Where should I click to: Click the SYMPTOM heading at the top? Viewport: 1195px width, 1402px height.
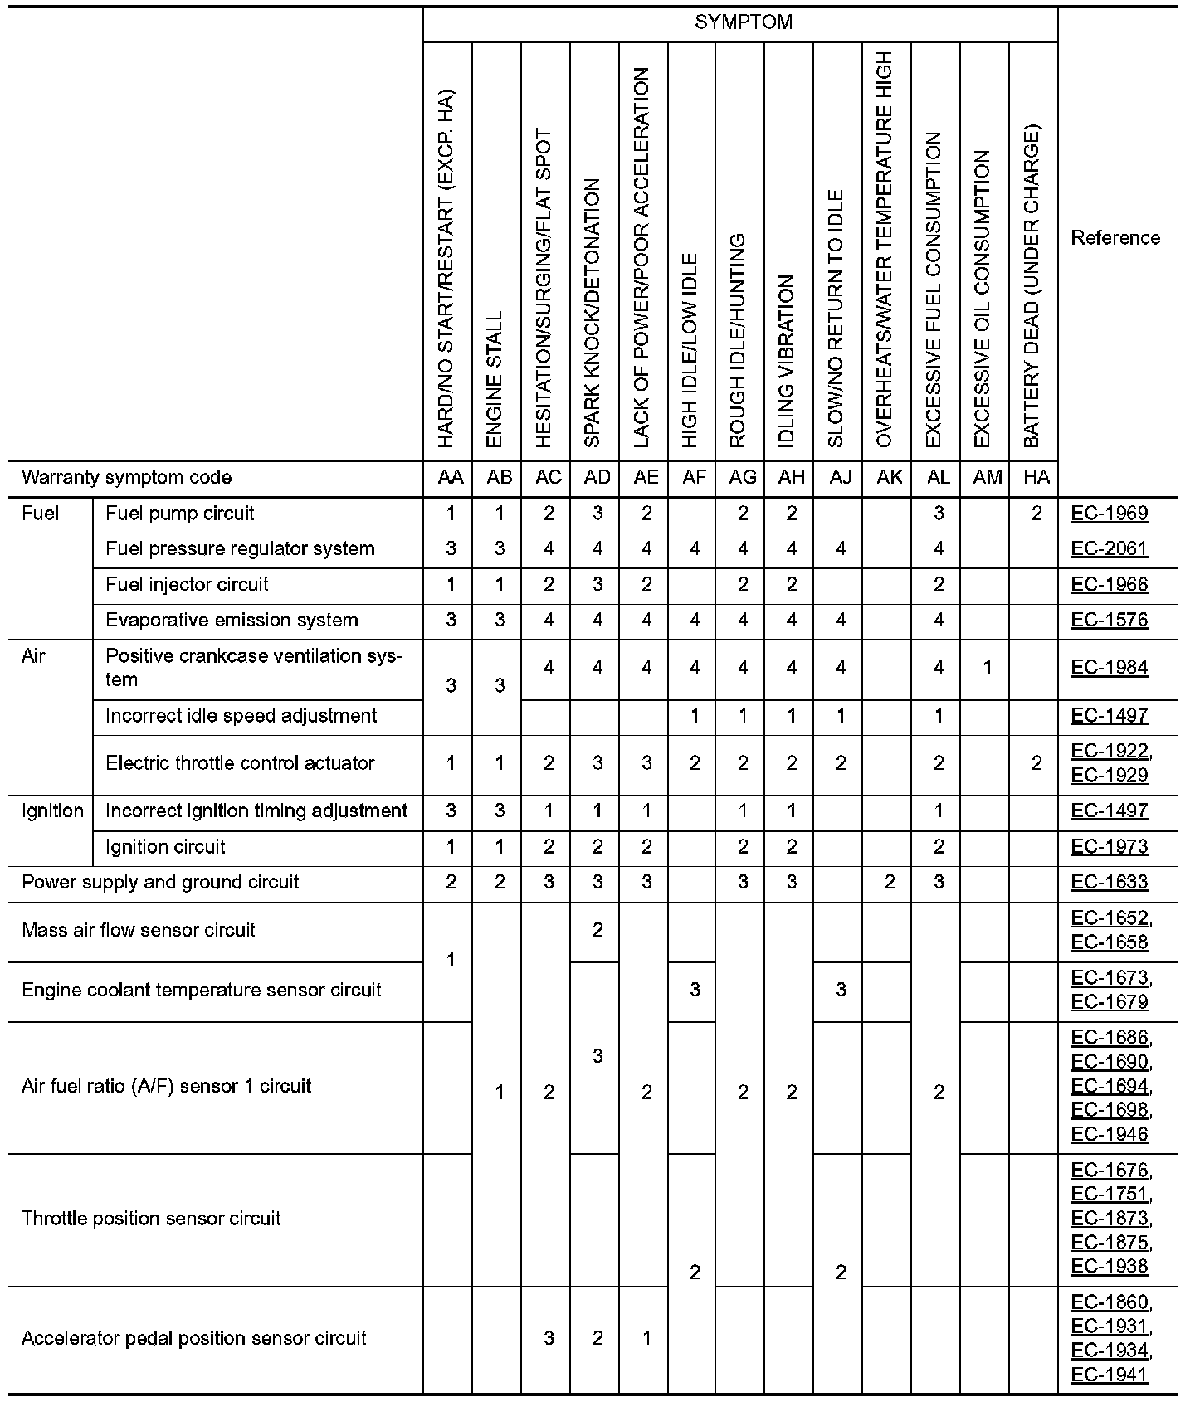pyautogui.click(x=743, y=22)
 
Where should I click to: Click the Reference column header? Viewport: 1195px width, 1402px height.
pyautogui.click(x=1115, y=238)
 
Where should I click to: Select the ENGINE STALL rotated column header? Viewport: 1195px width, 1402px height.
pyautogui.click(x=495, y=379)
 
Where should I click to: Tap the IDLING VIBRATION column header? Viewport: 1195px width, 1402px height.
pyautogui.click(x=788, y=361)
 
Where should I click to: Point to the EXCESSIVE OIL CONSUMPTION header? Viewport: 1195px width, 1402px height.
pyautogui.click(x=983, y=299)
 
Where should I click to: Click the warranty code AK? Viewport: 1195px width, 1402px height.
pyautogui.click(x=889, y=478)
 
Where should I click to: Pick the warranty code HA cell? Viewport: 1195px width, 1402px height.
pyautogui.click(x=1036, y=478)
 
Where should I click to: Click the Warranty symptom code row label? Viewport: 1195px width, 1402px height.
pyautogui.click(x=127, y=478)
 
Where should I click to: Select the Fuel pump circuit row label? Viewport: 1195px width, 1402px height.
pyautogui.click(x=180, y=514)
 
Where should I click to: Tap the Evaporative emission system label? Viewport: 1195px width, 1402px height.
pyautogui.click(x=232, y=621)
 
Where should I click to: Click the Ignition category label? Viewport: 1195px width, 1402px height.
pyautogui.click(x=52, y=811)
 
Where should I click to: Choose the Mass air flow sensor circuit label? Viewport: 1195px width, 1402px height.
pyautogui.click(x=139, y=931)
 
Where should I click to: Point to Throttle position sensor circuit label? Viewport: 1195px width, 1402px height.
pyautogui.click(x=151, y=1219)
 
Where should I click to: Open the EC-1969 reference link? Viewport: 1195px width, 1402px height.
pyautogui.click(x=1110, y=514)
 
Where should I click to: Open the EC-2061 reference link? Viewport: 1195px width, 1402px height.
pyautogui.click(x=1110, y=549)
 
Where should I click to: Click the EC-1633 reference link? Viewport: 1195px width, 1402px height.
pyautogui.click(x=1110, y=883)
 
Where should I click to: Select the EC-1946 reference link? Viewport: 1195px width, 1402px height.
pyautogui.click(x=1110, y=1135)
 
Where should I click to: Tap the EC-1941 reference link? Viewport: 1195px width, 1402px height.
pyautogui.click(x=1110, y=1375)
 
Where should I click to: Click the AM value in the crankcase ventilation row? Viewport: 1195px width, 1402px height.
pyautogui.click(x=987, y=668)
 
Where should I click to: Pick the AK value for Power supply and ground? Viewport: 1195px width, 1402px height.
pyautogui.click(x=889, y=883)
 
